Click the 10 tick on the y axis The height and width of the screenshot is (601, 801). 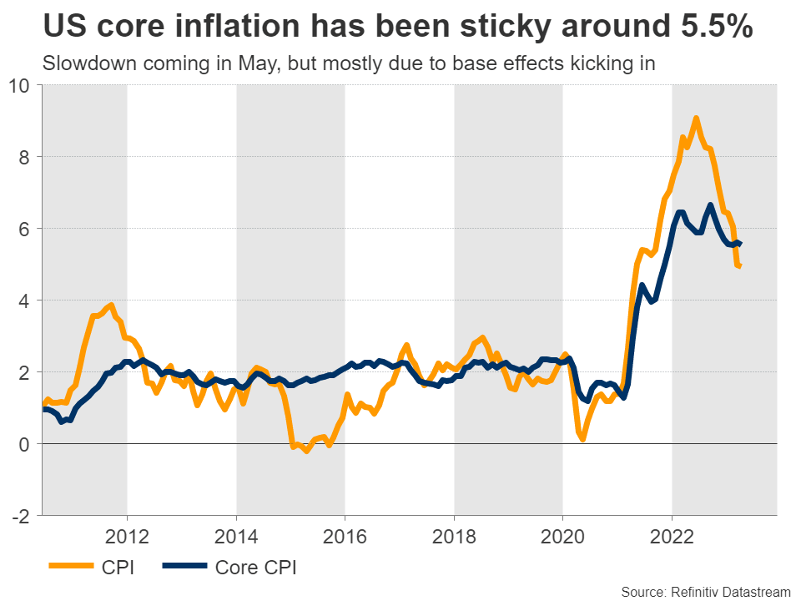click(20, 86)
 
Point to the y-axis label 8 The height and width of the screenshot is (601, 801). click(25, 157)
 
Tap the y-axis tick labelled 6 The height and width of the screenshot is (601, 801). click(25, 229)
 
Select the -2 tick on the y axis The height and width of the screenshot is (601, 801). click(22, 516)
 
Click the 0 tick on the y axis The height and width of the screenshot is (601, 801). click(25, 444)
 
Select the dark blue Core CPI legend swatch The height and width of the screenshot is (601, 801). click(180, 568)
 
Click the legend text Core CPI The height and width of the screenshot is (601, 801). click(255, 568)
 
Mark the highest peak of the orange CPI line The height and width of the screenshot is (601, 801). click(696, 118)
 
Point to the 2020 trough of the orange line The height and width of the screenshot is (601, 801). click(582, 438)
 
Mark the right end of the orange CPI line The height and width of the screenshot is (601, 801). click(740, 266)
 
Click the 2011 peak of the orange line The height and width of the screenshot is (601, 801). click(111, 305)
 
